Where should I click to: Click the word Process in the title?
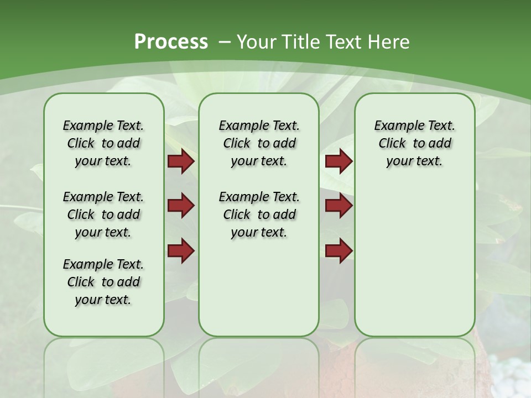(171, 41)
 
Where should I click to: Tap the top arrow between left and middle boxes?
(181, 161)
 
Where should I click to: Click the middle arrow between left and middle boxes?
(181, 206)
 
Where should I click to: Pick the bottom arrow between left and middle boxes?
(181, 250)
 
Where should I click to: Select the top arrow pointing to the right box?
(339, 161)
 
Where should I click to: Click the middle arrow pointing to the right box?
(339, 206)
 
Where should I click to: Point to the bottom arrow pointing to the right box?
(339, 250)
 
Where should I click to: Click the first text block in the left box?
(103, 143)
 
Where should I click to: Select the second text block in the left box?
(103, 214)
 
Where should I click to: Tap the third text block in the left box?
(103, 282)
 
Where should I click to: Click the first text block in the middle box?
(259, 143)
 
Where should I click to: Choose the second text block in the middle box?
(259, 214)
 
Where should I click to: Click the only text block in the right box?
(414, 143)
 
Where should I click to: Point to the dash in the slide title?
(225, 42)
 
